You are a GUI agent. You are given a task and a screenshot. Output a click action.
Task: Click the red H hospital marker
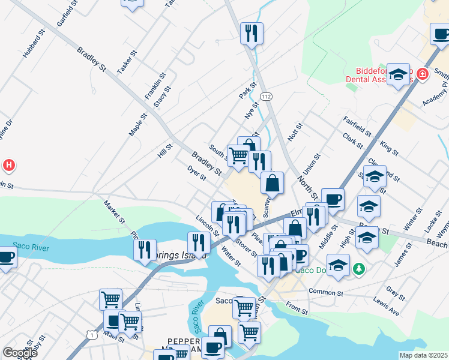click(8, 164)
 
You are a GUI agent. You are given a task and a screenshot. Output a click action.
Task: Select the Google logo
click(20, 353)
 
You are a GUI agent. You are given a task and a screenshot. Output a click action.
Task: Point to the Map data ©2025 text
click(423, 355)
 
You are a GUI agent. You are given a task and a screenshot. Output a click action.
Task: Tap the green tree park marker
click(359, 268)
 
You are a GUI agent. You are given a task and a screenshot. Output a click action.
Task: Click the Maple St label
click(137, 125)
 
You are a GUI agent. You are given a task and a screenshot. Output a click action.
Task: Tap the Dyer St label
click(196, 174)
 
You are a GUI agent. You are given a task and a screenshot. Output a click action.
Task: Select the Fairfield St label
click(358, 128)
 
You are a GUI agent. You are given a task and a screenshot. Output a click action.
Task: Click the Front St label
click(297, 308)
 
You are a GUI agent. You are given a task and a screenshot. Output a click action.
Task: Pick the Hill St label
click(165, 150)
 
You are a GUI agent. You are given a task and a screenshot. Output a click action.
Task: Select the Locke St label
click(430, 221)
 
